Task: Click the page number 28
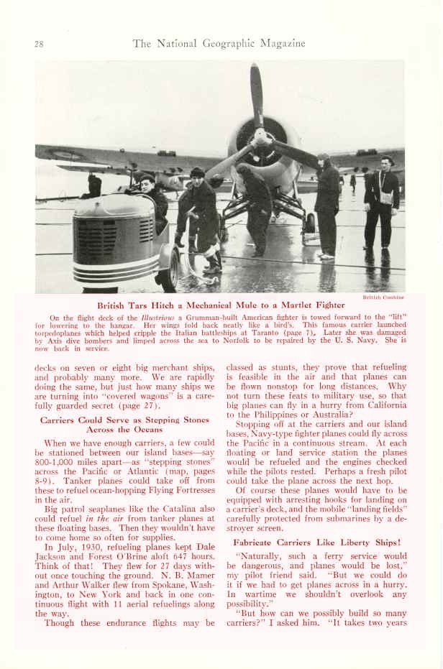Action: tap(39, 44)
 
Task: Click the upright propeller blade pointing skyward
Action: tap(256, 93)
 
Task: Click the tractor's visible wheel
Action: tap(170, 266)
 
